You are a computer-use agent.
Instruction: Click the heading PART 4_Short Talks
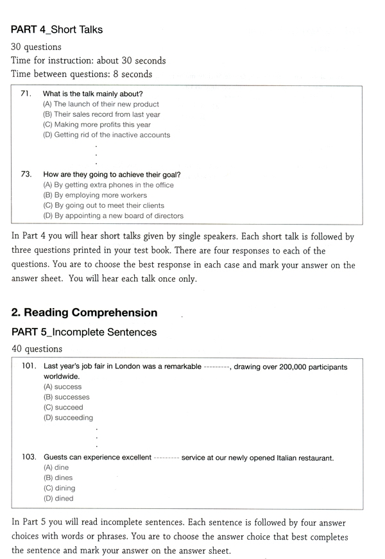57,30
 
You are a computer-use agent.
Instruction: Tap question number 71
26,94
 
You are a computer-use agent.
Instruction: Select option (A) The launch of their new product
101,104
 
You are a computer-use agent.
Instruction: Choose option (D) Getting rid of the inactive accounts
107,135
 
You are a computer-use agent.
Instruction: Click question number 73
26,175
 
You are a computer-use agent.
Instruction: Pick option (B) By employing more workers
95,195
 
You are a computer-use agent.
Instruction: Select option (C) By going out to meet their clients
104,205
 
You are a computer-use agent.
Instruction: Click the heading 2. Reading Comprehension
84,313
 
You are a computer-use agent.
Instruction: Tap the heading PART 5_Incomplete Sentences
84,332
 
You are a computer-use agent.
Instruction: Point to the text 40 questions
37,349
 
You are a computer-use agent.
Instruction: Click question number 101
28,367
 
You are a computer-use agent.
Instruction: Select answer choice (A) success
62,387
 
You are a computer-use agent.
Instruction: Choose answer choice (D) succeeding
68,418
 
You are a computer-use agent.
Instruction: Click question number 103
28,458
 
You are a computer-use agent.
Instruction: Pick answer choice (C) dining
59,488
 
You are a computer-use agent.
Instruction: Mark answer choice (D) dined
58,499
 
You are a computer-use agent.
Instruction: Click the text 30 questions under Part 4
37,47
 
